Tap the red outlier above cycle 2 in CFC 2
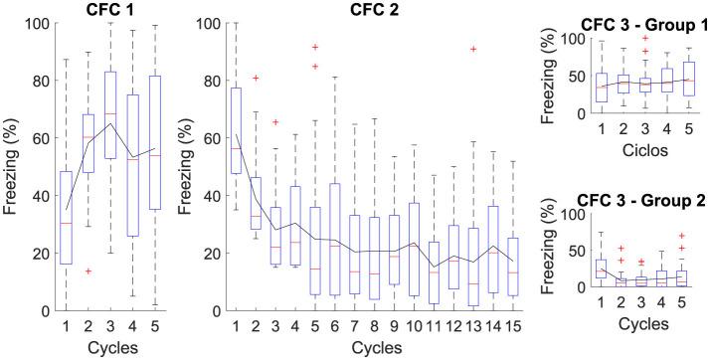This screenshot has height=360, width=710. coord(257,78)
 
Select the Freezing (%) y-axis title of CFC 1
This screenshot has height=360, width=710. coord(11,166)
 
